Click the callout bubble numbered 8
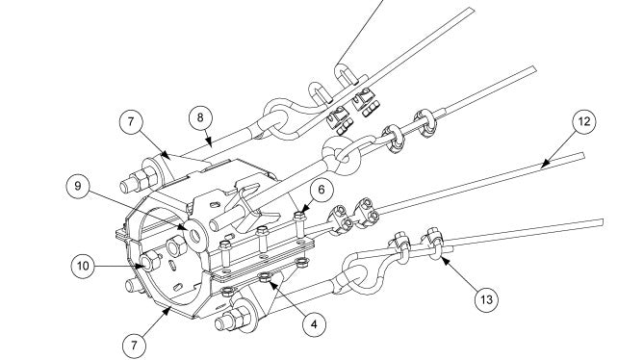click(x=200, y=117)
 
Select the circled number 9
click(x=78, y=186)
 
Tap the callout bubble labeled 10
click(x=83, y=266)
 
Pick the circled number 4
click(x=314, y=324)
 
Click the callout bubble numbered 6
click(x=322, y=190)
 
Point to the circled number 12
click(x=583, y=121)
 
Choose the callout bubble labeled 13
click(x=486, y=299)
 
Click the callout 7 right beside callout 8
click(x=131, y=121)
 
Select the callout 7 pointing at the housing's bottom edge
click(x=134, y=346)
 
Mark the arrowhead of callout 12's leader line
click(x=545, y=164)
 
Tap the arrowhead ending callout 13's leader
click(x=445, y=260)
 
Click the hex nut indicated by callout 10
click(x=150, y=262)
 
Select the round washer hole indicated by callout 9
click(x=195, y=236)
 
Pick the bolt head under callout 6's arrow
click(x=299, y=216)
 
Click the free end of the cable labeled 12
click(x=582, y=156)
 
